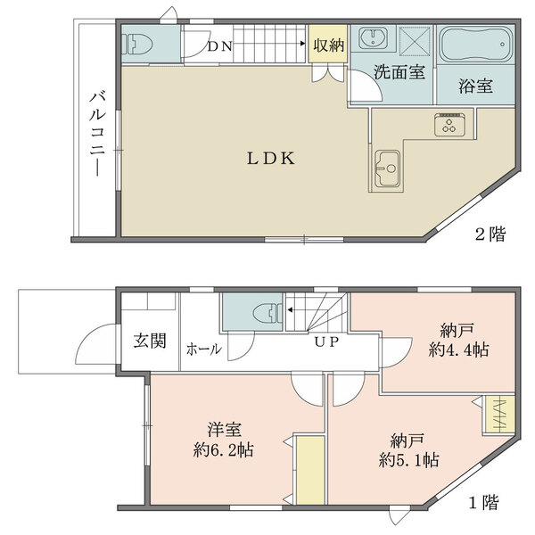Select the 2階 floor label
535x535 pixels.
490,235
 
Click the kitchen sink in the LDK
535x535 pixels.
388,165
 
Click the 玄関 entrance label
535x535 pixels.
150,341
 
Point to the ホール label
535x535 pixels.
204,350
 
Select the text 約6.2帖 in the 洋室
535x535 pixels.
224,449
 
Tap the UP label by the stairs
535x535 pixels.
325,341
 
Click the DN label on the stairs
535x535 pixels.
220,46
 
